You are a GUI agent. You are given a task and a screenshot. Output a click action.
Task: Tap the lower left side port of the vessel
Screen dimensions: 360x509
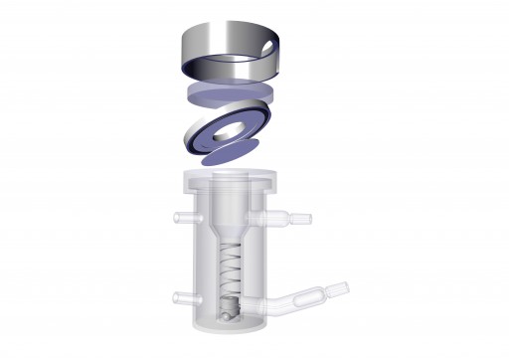coord(179,296)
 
